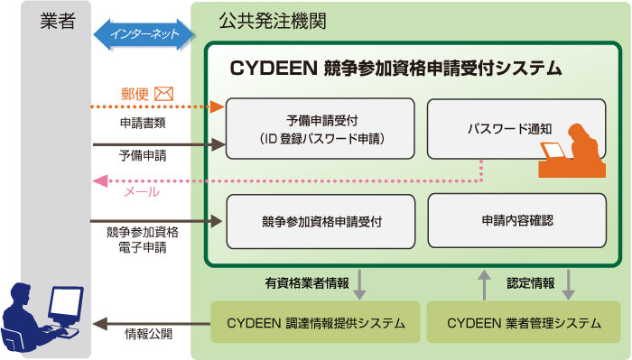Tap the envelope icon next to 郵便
click(163, 92)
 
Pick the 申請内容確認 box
click(516, 220)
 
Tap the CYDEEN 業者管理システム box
click(524, 322)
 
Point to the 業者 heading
click(58, 22)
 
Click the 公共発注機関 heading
click(262, 20)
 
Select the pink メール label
click(141, 191)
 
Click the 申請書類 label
click(142, 122)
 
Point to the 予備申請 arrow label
click(142, 155)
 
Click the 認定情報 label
click(531, 282)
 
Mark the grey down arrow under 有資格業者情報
click(360, 283)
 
